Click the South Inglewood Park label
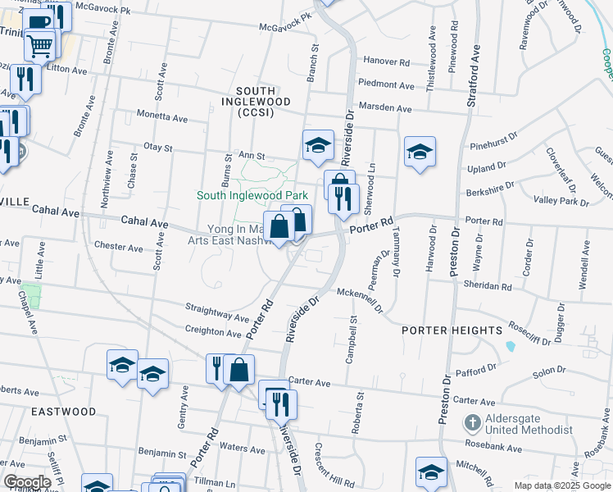tap(252, 196)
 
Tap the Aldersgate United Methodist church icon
tap(472, 423)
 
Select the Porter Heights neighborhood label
tap(452, 330)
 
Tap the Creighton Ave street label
tap(213, 332)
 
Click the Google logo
tap(27, 481)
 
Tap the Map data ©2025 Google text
tap(561, 485)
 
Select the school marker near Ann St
tap(318, 146)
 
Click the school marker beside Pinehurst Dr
tap(420, 152)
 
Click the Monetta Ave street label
tap(162, 118)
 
